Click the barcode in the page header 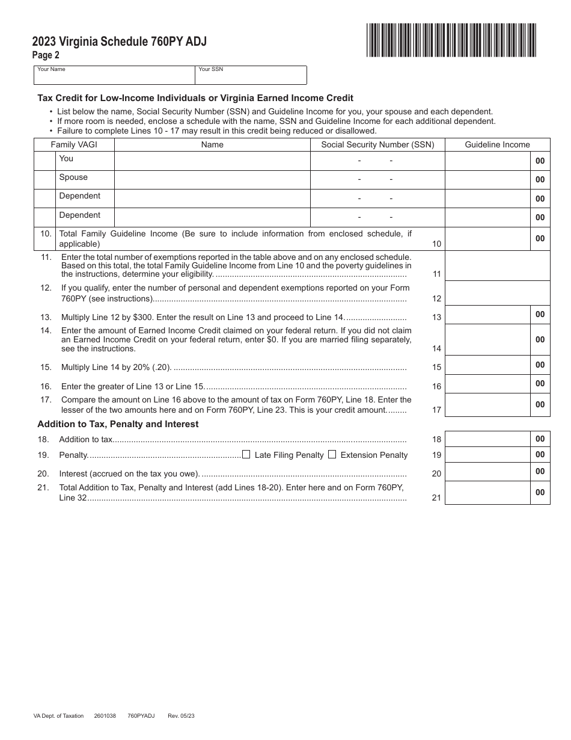[x=451, y=40]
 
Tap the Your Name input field [x=114, y=77]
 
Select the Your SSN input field [x=251, y=77]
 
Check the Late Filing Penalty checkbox [x=246, y=455]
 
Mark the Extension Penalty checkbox [x=332, y=455]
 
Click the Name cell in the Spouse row [x=212, y=179]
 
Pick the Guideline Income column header [x=497, y=144]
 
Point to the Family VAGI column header [x=74, y=144]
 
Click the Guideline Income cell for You [x=487, y=161]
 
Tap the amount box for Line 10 [x=487, y=238]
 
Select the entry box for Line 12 [x=497, y=293]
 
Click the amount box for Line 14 [x=487, y=339]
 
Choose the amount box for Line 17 [x=487, y=404]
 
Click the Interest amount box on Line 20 [x=487, y=471]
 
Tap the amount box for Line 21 [x=487, y=492]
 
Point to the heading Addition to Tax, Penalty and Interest [x=118, y=424]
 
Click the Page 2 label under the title [x=46, y=55]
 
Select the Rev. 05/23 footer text [x=182, y=716]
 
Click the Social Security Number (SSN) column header [x=377, y=144]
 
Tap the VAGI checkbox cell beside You [x=44, y=161]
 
